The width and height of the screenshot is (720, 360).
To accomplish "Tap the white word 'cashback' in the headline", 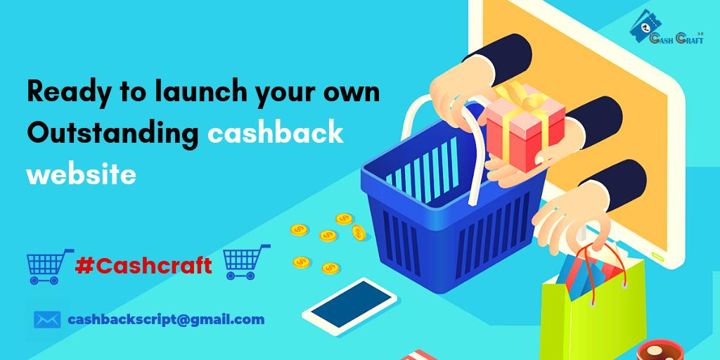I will coord(275,133).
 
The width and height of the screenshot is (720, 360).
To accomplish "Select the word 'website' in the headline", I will coord(81,173).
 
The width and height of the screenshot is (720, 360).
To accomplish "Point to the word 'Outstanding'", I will coord(112,133).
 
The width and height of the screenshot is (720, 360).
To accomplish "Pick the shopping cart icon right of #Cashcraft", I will coord(246,261).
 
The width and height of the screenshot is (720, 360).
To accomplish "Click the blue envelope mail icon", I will coord(47,320).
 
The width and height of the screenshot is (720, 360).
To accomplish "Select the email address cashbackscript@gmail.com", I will coord(166,319).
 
